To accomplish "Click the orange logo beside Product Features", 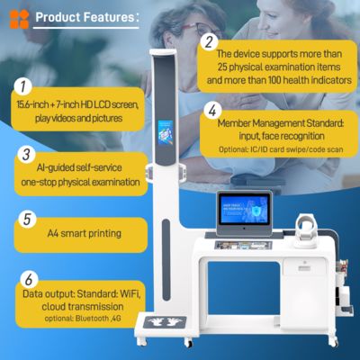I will pyautogui.click(x=20, y=19).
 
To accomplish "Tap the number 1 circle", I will pyautogui.click(x=21, y=88).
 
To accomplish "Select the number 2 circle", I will pyautogui.click(x=209, y=42).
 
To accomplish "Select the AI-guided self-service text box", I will pyautogui.click(x=82, y=175).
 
